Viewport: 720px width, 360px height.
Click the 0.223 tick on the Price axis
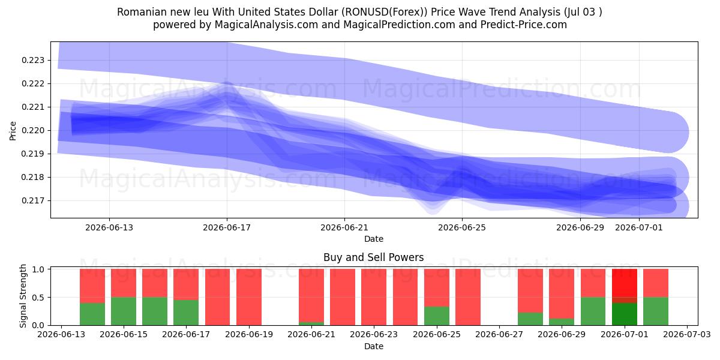pyautogui.click(x=33, y=61)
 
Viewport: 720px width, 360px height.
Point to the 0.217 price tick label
pyautogui.click(x=33, y=201)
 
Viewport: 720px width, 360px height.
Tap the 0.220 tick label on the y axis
pyautogui.click(x=33, y=131)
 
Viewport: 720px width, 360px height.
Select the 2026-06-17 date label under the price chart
pyautogui.click(x=227, y=227)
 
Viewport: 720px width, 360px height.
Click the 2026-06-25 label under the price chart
pyautogui.click(x=462, y=227)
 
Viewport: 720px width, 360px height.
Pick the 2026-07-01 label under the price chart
pyautogui.click(x=638, y=227)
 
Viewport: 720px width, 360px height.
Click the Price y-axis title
pyautogui.click(x=13, y=131)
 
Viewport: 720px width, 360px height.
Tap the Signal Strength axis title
pyautogui.click(x=23, y=296)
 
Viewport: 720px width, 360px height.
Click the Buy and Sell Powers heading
pyautogui.click(x=373, y=257)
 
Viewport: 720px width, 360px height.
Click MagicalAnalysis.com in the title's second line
pyautogui.click(x=266, y=25)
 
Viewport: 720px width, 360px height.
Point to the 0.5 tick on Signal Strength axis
pyautogui.click(x=38, y=298)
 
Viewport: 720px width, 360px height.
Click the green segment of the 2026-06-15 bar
pyautogui.click(x=124, y=311)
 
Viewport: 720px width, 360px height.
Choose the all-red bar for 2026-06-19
pyautogui.click(x=249, y=297)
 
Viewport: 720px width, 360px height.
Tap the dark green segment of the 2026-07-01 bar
pyautogui.click(x=624, y=314)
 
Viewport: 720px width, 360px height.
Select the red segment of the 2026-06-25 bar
pyautogui.click(x=437, y=287)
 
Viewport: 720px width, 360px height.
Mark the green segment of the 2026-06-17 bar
pyautogui.click(x=186, y=313)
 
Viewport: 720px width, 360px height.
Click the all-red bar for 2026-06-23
pyautogui.click(x=373, y=297)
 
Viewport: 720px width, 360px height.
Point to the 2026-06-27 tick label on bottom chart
pyautogui.click(x=499, y=334)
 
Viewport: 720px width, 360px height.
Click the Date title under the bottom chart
pyautogui.click(x=373, y=346)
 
